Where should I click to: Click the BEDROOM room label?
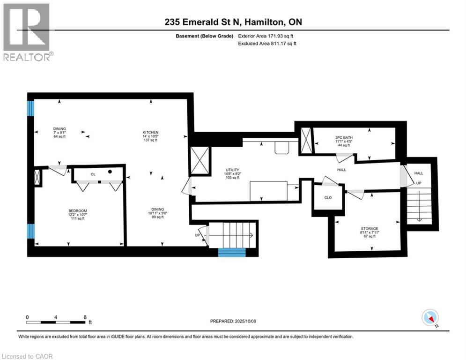(x=78, y=211)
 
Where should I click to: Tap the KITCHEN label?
(x=151, y=133)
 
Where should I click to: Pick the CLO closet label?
(x=328, y=197)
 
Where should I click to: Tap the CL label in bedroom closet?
(x=93, y=174)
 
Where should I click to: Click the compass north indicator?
(x=429, y=318)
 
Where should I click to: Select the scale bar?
(x=56, y=322)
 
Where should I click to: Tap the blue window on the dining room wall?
(x=31, y=109)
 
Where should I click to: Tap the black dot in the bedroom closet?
(x=110, y=172)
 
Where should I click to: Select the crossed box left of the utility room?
(x=199, y=161)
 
